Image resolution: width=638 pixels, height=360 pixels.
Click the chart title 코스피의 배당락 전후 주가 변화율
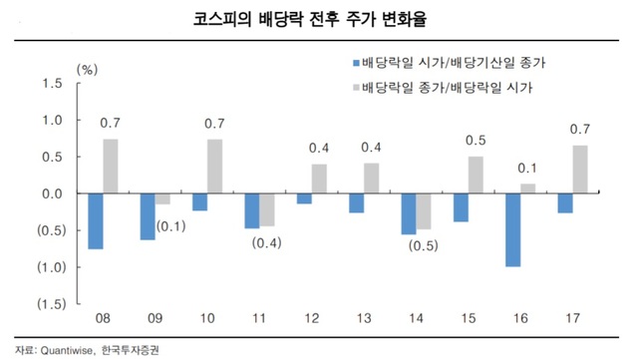tap(318, 20)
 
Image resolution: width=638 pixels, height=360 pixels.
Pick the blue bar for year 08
tap(95, 220)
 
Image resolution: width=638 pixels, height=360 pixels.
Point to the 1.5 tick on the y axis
tap(53, 84)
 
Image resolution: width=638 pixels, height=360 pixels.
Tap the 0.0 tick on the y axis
tap(53, 193)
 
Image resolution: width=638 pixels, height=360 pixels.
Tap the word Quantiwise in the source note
tap(80, 350)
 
